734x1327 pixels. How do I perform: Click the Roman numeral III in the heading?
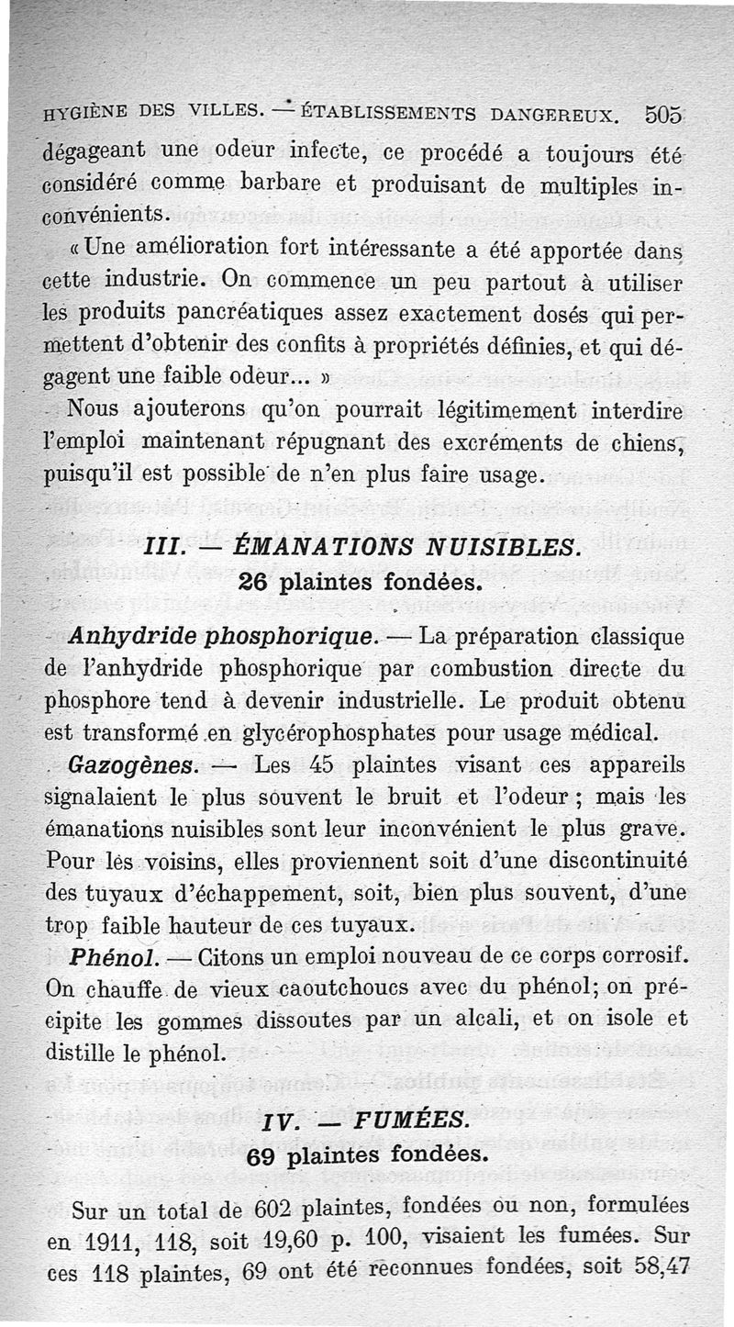coord(161,547)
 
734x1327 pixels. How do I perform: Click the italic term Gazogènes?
coord(128,764)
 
